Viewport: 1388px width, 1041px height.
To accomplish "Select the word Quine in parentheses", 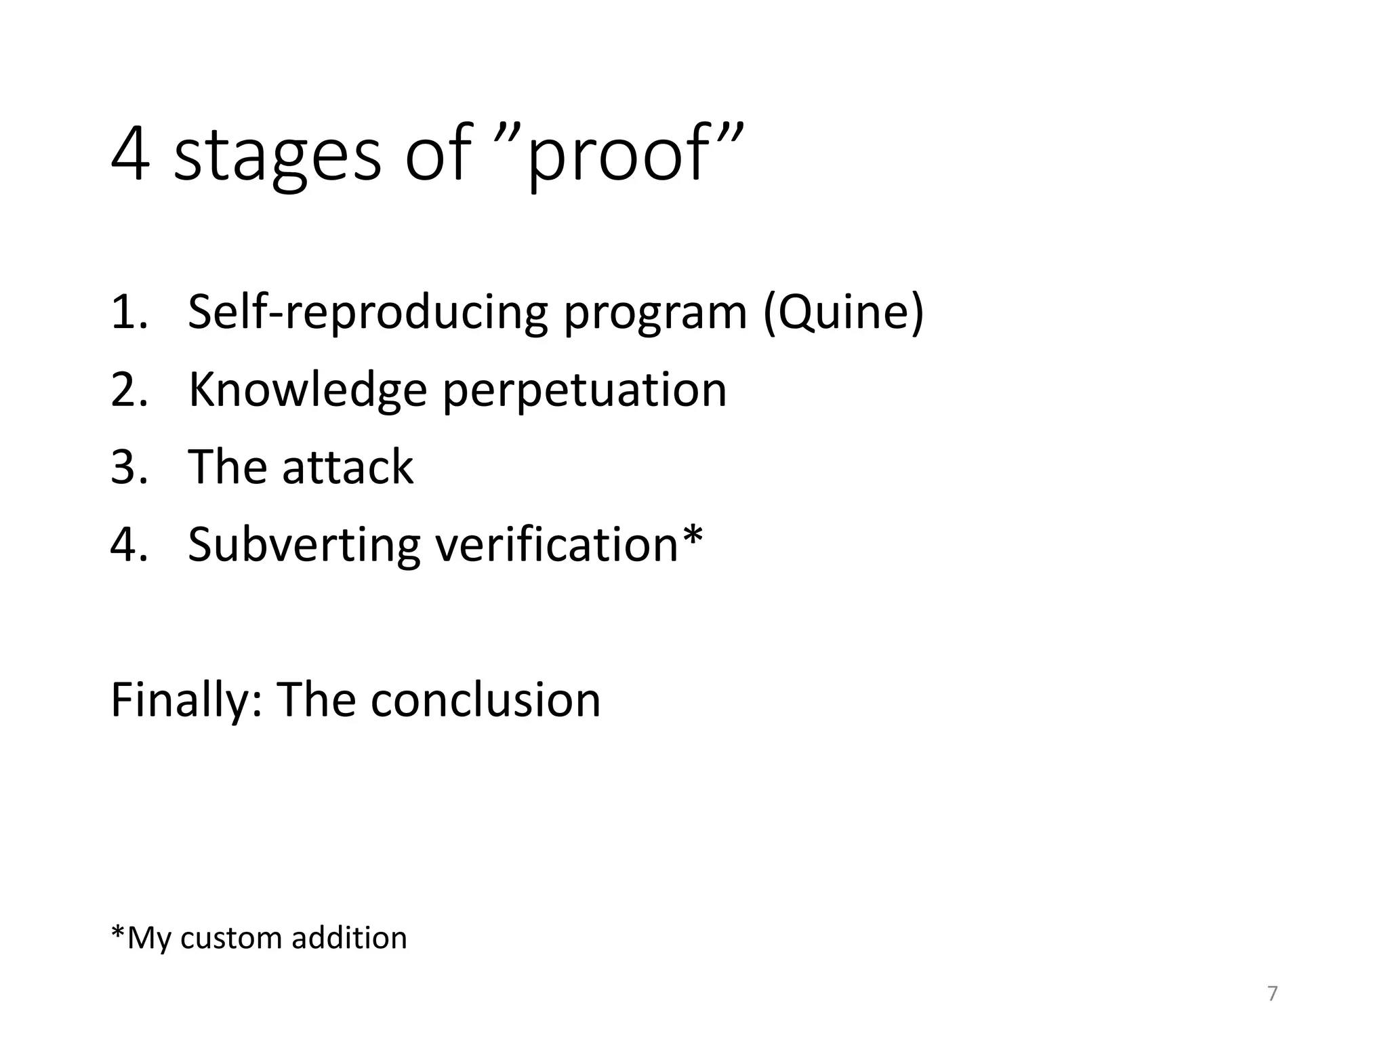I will coord(843,313).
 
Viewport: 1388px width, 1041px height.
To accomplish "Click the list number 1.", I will coord(127,313).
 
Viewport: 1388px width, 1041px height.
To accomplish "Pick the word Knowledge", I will coord(308,392).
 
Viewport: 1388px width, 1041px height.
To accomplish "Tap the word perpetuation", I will coord(584,392).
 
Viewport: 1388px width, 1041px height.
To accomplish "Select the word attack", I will coord(347,468).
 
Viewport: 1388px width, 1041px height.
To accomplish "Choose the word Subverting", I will coord(304,546).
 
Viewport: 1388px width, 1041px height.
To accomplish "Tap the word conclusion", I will coord(485,701).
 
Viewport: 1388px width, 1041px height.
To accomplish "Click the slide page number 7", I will coord(1272,994).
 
